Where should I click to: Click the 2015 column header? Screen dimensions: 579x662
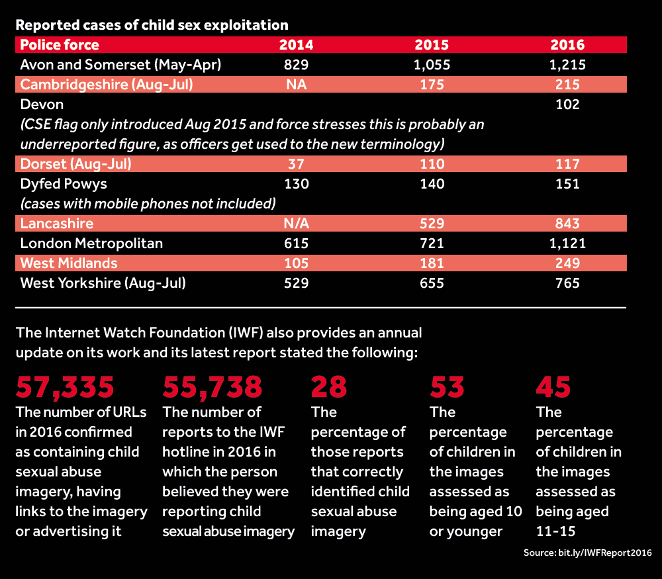[x=431, y=45]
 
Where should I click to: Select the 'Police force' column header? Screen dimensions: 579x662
[x=60, y=45]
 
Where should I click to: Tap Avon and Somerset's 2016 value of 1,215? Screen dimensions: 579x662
[x=567, y=65]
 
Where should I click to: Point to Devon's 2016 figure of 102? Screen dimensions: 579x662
[x=567, y=105]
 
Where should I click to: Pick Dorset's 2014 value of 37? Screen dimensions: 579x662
[x=296, y=164]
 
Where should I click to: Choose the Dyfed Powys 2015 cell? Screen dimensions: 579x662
[x=431, y=184]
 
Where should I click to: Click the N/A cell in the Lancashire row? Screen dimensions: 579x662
[x=296, y=224]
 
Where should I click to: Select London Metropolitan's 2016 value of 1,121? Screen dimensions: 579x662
[x=567, y=244]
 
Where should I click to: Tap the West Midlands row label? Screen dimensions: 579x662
[x=69, y=263]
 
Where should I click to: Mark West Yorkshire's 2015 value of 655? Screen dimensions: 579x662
[x=431, y=283]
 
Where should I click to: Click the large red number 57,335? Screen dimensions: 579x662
[x=65, y=387]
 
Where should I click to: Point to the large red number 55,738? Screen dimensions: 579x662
[x=213, y=387]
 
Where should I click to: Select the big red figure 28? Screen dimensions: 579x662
[x=329, y=387]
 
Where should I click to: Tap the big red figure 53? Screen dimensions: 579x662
[x=448, y=387]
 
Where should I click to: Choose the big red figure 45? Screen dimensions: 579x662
[x=553, y=387]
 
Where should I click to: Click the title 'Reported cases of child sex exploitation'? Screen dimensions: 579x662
[x=152, y=26]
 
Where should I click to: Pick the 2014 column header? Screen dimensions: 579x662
[x=296, y=45]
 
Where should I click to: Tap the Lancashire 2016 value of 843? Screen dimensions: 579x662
[x=567, y=224]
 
